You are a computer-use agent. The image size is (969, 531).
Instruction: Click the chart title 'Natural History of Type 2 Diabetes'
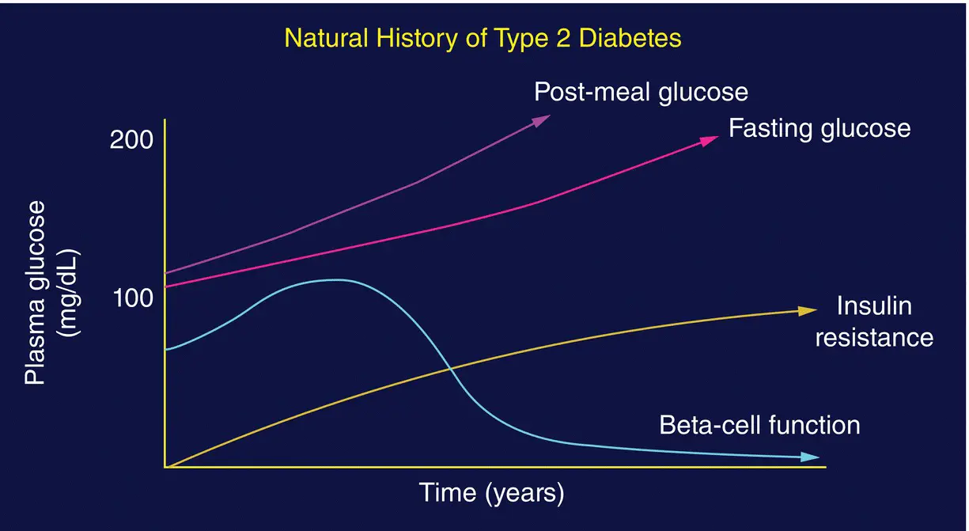483,39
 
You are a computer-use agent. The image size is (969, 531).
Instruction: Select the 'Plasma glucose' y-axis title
36,293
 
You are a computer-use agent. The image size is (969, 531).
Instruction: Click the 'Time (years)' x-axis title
491,493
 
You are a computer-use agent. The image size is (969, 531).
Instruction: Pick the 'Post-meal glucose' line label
641,92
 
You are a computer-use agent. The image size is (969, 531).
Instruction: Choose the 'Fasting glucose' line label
819,128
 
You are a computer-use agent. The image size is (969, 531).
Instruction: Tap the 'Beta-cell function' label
759,425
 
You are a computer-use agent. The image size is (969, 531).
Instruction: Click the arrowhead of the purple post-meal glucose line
543,119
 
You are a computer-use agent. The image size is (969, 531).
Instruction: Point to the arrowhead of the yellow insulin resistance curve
808,310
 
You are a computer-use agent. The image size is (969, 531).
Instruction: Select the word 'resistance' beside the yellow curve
874,338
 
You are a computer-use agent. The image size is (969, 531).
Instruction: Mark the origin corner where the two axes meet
165,467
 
